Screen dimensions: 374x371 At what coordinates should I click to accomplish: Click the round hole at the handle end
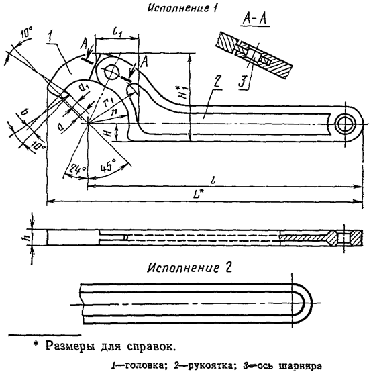point(347,123)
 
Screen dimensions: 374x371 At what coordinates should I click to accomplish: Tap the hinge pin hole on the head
point(111,71)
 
